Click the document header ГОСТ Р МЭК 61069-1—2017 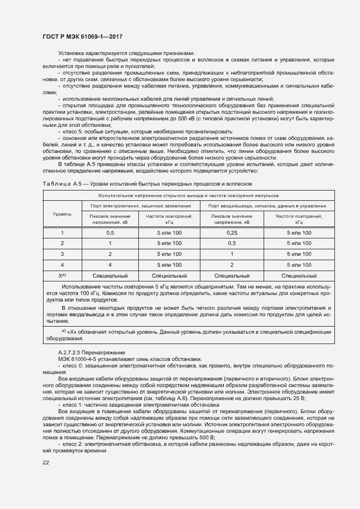pyautogui.click(x=82, y=36)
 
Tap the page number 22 pyautogui.click(x=46, y=462)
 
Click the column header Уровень pyautogui.click(x=62, y=214)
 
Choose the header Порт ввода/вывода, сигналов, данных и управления pyautogui.click(x=267, y=206)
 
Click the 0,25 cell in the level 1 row pyautogui.click(x=231, y=232)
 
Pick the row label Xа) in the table pyautogui.click(x=62, y=276)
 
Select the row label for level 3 pyautogui.click(x=62, y=254)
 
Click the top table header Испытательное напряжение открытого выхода pyautogui.click(x=187, y=195)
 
